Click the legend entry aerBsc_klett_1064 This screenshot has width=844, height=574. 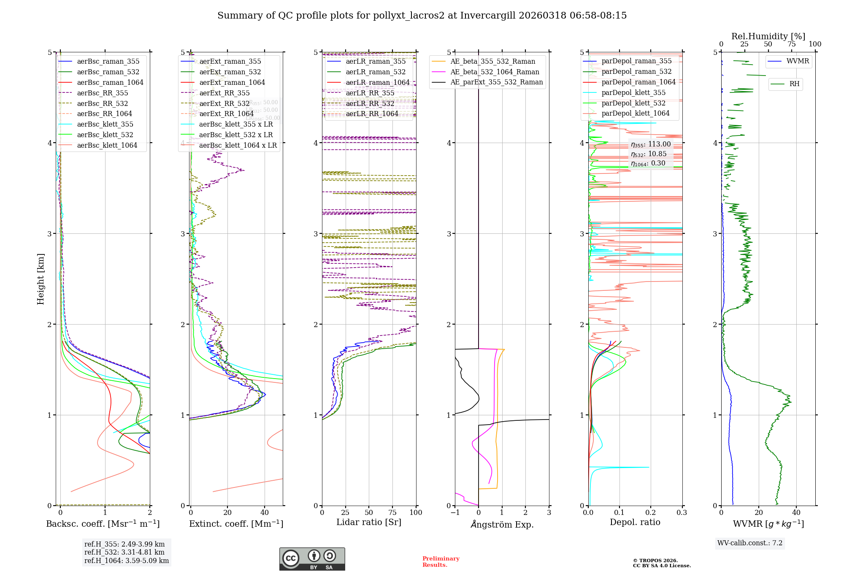(107, 145)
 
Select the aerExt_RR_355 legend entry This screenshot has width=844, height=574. (224, 93)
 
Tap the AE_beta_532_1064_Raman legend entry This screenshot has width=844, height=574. (495, 72)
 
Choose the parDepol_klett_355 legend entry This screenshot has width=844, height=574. (633, 92)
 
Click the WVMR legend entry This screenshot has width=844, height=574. (798, 61)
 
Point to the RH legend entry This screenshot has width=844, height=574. (794, 84)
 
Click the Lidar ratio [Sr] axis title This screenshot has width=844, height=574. (368, 522)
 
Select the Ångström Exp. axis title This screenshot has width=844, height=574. (502, 524)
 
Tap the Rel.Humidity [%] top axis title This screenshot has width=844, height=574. (768, 36)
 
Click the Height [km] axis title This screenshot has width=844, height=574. (41, 279)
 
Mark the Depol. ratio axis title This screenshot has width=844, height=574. (635, 522)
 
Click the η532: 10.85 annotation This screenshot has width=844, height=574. (649, 154)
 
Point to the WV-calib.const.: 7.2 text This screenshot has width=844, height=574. (749, 543)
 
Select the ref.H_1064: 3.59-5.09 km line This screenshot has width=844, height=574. (126, 560)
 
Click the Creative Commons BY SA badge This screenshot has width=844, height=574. (312, 559)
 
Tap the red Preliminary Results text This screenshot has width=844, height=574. (441, 561)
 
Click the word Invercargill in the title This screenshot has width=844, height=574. (488, 16)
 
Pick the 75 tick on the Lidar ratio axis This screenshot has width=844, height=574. (392, 512)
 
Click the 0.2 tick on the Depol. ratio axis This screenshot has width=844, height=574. (650, 512)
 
